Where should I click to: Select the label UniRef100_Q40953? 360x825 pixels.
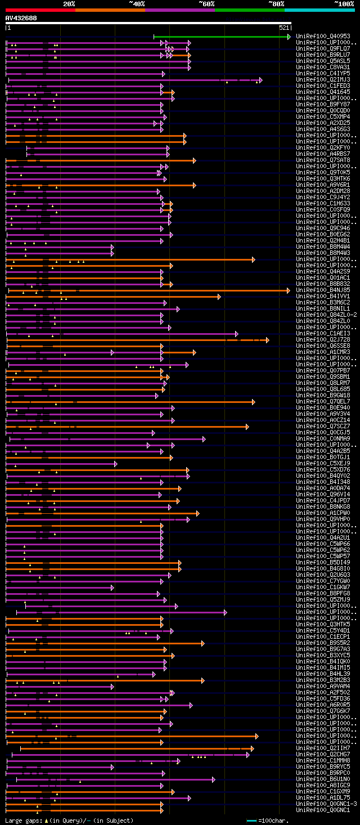[323, 37]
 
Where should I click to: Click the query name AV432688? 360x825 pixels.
[21, 18]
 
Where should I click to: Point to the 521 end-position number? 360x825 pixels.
[283, 28]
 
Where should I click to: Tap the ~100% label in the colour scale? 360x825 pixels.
[344, 4]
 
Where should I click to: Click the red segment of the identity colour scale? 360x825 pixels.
[40, 10]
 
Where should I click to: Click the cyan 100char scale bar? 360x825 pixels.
[251, 820]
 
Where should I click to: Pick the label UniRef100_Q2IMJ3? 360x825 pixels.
[323, 80]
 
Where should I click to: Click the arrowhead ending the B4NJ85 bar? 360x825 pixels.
[289, 290]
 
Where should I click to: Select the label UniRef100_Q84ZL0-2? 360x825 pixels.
[326, 315]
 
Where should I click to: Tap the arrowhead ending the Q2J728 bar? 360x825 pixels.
[268, 340]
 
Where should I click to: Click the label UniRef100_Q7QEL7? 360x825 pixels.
[323, 402]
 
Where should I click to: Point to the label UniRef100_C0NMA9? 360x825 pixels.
[323, 439]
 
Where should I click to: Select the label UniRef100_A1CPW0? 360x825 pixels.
[323, 513]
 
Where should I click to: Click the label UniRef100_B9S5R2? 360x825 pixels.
[323, 643]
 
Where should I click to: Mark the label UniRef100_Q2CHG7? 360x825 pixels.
[323, 755]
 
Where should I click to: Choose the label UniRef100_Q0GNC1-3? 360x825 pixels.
[326, 804]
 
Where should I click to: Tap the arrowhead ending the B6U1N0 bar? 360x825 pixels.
[214, 779]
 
